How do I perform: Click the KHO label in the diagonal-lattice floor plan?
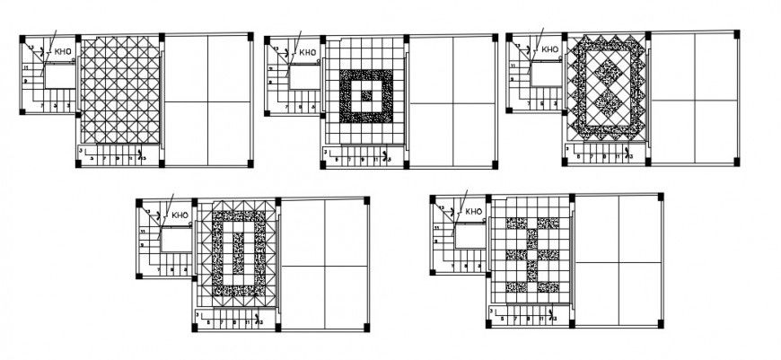pyautogui.click(x=64, y=52)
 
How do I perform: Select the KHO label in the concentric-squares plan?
pyautogui.click(x=307, y=52)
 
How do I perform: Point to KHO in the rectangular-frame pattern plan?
pyautogui.click(x=180, y=215)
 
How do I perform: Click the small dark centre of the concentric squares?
pyautogui.click(x=365, y=91)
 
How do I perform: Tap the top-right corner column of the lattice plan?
pyautogui.click(x=250, y=36)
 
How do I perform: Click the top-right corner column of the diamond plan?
pyautogui.click(x=736, y=35)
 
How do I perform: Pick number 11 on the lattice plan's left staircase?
pyautogui.click(x=28, y=68)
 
